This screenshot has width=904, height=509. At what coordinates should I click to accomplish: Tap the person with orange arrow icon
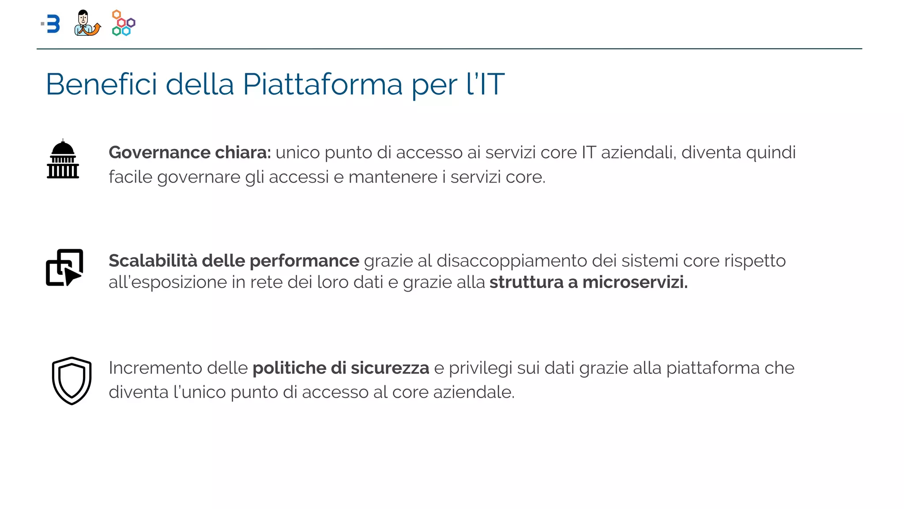click(x=87, y=23)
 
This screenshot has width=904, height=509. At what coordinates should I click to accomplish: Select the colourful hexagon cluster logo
click(x=124, y=23)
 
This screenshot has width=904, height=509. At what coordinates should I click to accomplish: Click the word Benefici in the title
click(x=102, y=84)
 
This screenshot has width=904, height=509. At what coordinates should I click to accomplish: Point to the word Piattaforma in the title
click(x=323, y=84)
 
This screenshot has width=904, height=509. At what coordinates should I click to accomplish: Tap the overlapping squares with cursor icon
click(x=64, y=267)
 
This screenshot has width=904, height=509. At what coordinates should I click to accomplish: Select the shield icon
click(x=72, y=380)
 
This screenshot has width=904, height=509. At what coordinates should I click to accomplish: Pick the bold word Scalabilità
click(x=153, y=261)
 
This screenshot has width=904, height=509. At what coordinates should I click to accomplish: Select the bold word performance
click(x=304, y=261)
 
